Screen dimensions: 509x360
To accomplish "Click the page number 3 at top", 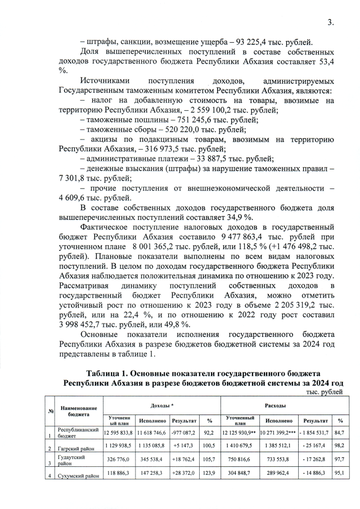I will tap(331, 22).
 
